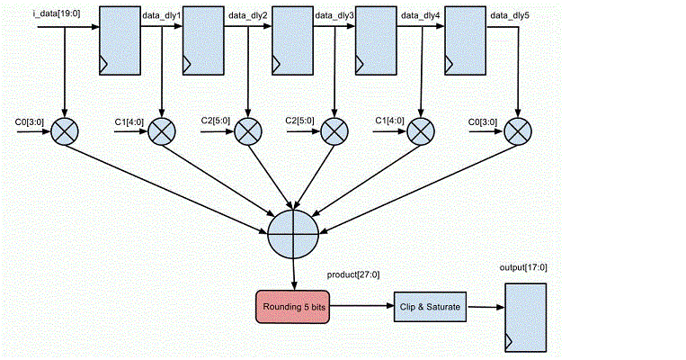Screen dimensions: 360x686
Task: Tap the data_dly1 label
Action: tap(162, 15)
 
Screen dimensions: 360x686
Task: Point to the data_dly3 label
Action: tap(334, 15)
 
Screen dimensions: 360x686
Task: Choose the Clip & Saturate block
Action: tap(429, 307)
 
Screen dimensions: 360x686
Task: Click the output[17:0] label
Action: tap(523, 267)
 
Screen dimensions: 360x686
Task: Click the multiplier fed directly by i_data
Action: tap(65, 131)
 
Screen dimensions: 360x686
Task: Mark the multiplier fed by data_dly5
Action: tap(515, 131)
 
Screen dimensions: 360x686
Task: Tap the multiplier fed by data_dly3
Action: tap(334, 131)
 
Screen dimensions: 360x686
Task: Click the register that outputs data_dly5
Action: tap(468, 40)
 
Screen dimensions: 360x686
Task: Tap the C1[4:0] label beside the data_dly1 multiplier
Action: tap(127, 121)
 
